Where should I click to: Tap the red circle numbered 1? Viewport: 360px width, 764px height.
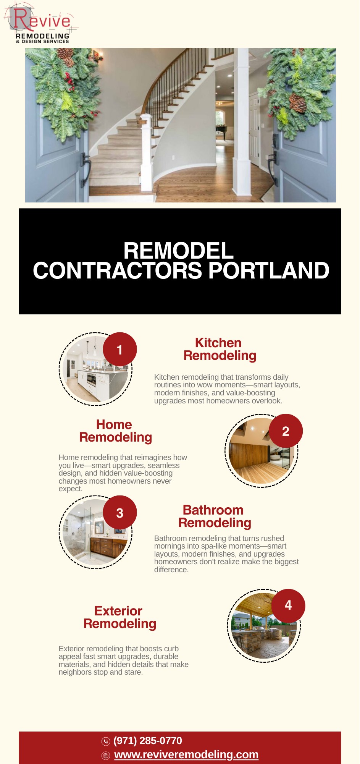point(120,350)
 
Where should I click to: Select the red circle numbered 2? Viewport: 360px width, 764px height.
point(286,431)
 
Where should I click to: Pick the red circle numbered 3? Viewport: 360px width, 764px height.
point(120,513)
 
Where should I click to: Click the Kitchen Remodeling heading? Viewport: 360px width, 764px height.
point(220,349)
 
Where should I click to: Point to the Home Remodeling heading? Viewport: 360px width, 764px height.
point(115,431)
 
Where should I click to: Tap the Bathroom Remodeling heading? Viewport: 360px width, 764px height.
point(215,516)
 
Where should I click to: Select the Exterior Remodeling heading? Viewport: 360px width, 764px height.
point(119,617)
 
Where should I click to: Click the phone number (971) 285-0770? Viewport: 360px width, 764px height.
point(148,741)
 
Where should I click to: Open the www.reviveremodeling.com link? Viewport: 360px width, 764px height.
point(186,755)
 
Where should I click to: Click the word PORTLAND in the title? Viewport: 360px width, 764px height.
point(269,270)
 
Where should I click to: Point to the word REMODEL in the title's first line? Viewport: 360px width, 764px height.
point(178,251)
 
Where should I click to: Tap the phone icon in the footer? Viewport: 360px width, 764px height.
point(106,741)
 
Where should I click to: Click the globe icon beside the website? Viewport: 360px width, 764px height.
point(106,756)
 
